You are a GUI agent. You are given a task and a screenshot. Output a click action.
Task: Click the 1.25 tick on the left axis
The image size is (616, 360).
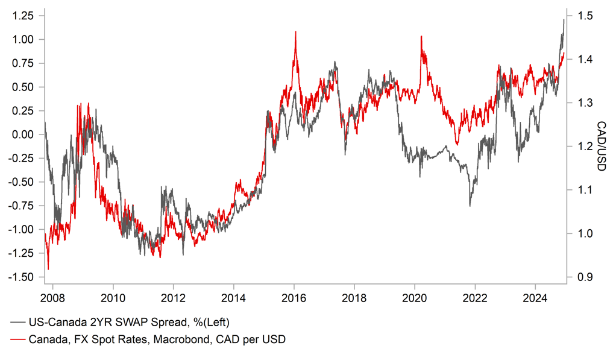tap(25, 16)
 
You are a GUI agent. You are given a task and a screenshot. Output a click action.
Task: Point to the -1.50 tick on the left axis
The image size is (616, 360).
tap(24, 277)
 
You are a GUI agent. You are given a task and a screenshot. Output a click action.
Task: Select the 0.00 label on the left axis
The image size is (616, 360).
tap(25, 134)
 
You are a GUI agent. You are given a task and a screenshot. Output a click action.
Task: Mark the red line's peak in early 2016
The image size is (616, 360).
tap(295, 32)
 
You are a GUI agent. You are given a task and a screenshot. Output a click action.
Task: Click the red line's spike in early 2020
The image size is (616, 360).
tap(421, 37)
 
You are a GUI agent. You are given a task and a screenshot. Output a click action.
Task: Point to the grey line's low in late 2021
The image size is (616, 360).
tap(470, 206)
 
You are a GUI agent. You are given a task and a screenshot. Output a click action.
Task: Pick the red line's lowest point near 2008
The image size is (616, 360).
tap(48, 269)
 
